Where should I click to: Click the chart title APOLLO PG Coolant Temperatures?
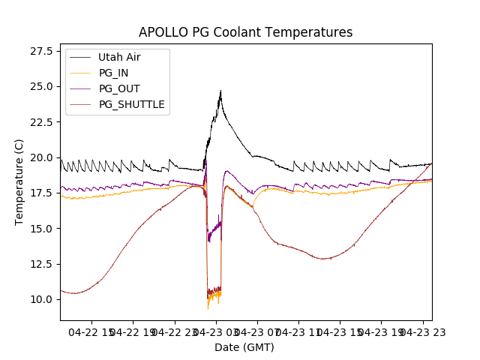[245, 33]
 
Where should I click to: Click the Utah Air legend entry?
[119, 57]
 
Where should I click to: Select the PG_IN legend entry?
[114, 73]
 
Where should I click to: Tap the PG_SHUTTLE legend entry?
[131, 104]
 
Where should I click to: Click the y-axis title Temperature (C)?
[19, 182]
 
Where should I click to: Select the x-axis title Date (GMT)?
[244, 347]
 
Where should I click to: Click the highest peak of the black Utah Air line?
[220, 91]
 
